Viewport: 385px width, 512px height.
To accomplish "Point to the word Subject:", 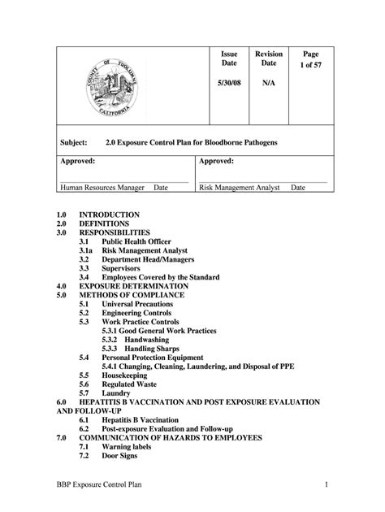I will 76,142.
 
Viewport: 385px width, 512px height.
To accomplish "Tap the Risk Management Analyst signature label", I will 240,187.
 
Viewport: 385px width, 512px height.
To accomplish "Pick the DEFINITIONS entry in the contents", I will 104,223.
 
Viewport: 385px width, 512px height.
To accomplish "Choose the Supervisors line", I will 120,268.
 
